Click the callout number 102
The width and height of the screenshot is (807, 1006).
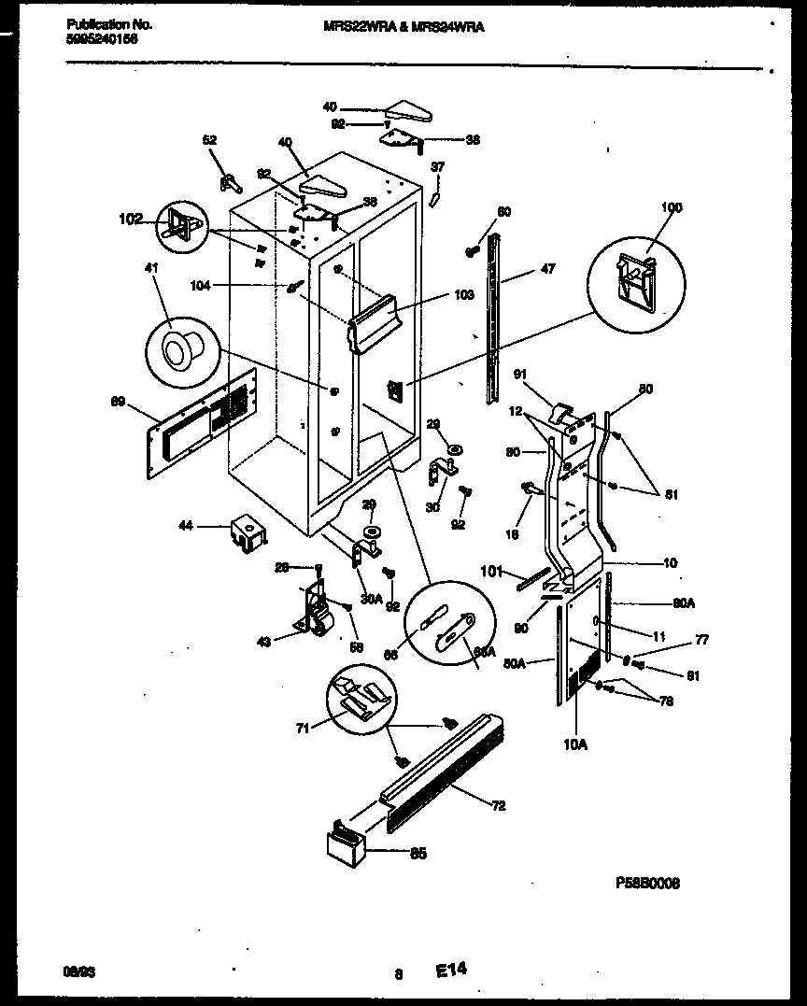click(131, 220)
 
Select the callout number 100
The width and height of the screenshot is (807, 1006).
click(672, 207)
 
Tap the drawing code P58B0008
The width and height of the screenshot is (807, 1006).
click(647, 881)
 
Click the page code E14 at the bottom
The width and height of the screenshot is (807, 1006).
click(450, 971)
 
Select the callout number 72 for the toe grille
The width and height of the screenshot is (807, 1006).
click(499, 805)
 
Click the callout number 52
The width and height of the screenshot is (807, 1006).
click(209, 140)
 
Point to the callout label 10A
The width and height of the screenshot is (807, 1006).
click(574, 744)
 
